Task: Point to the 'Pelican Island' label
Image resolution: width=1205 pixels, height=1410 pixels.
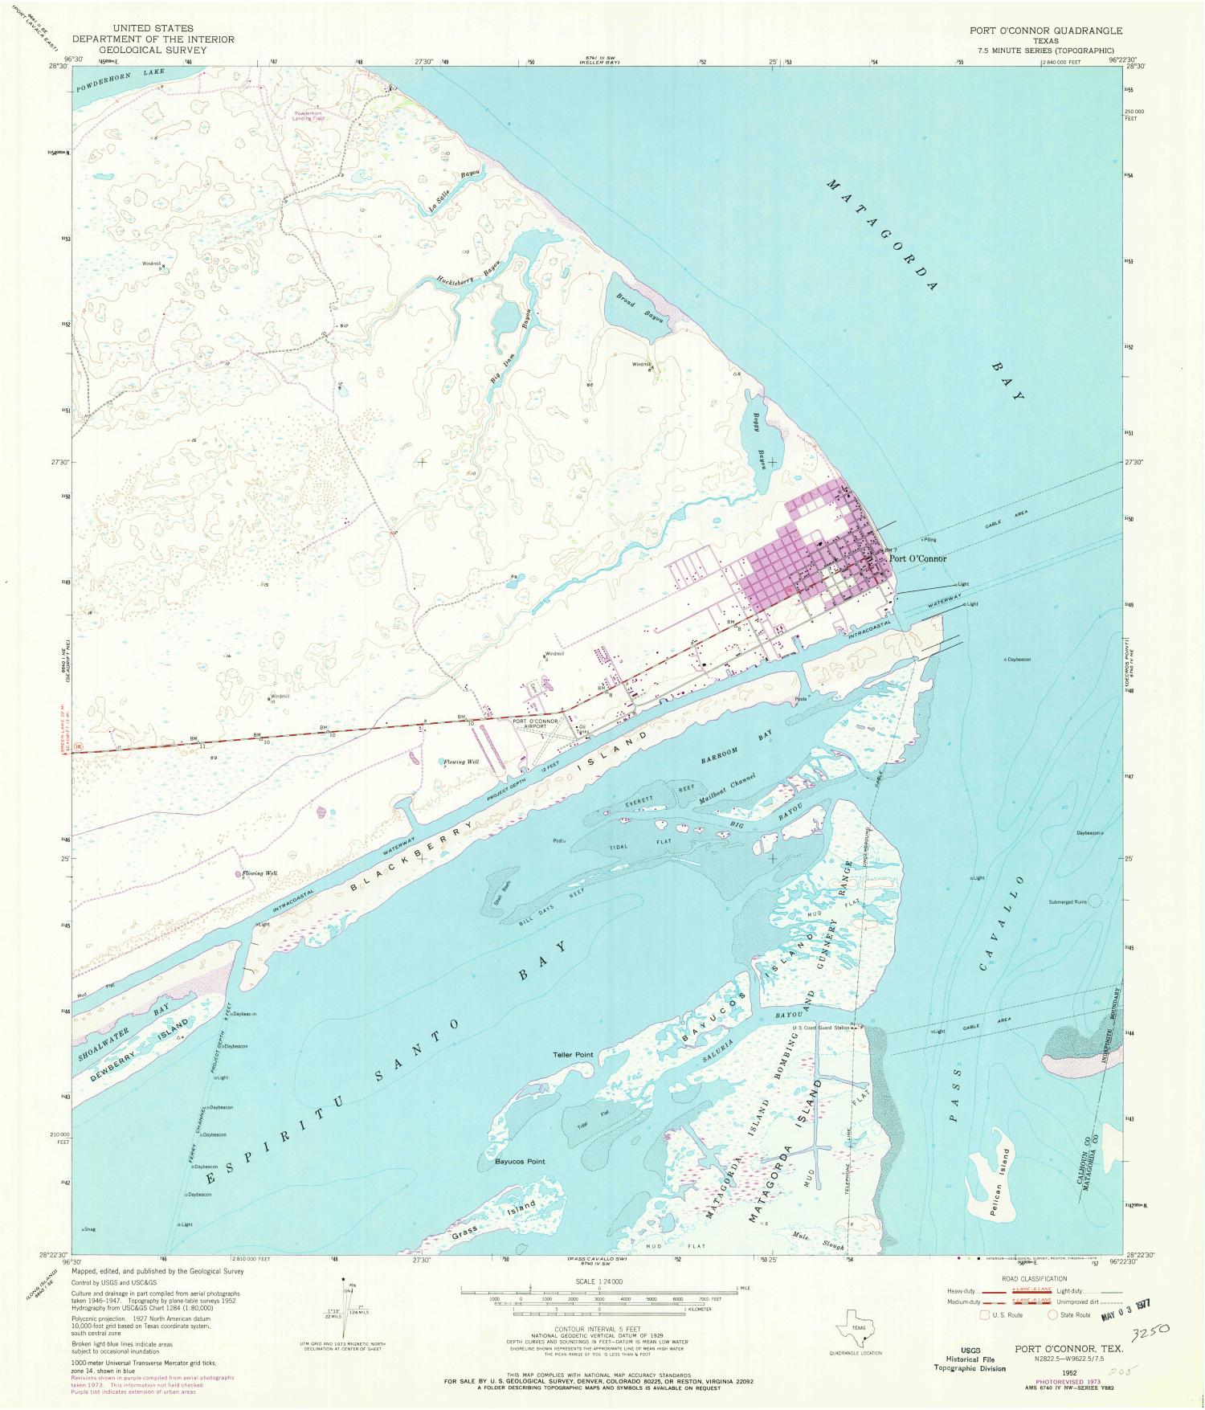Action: click(x=999, y=1174)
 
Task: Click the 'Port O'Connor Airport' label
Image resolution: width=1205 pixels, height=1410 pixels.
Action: click(x=536, y=723)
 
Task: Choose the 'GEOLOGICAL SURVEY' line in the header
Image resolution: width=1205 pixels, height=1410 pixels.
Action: click(x=153, y=50)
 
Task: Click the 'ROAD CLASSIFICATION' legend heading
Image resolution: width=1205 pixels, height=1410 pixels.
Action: click(x=1034, y=1278)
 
